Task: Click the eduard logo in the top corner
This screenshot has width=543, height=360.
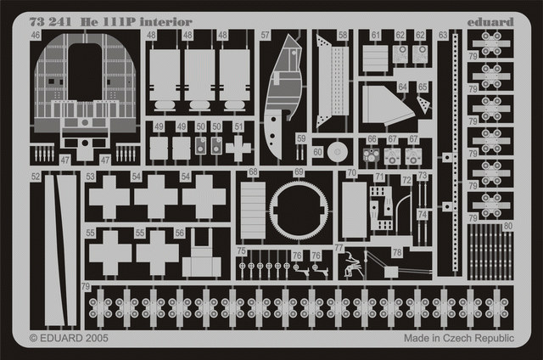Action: pyautogui.click(x=495, y=22)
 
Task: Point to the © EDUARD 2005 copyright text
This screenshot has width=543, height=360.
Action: pyautogui.click(x=69, y=337)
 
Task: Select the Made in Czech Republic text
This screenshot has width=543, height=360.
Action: pyautogui.click(x=458, y=337)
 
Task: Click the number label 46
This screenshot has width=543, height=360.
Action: pyautogui.click(x=35, y=37)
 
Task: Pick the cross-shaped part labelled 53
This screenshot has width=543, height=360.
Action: pyautogui.click(x=108, y=198)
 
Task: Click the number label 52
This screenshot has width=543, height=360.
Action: pyautogui.click(x=35, y=177)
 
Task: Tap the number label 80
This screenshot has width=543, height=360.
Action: pyautogui.click(x=507, y=226)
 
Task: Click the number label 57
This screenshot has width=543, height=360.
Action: pyautogui.click(x=266, y=36)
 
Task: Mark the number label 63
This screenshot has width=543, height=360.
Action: pyautogui.click(x=443, y=36)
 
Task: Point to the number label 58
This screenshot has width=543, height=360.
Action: pyautogui.click(x=343, y=36)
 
